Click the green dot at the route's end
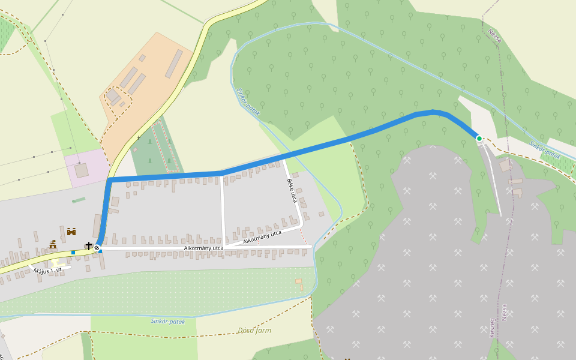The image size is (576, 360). point(479,139)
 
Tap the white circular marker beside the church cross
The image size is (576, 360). point(97,247)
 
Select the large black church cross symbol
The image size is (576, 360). point(89,245)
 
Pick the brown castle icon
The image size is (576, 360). point(71,231)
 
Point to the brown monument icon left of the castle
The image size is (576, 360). point(53,244)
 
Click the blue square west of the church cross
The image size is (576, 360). point(73,252)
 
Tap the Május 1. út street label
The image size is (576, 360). point(48,271)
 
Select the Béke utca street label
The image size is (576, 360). point(292,190)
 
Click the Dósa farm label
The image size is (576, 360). point(254,330)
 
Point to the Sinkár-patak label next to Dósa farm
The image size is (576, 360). point(168,321)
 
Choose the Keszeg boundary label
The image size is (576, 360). point(493,327)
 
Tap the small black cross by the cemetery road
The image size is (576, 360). point(139,138)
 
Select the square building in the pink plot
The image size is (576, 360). point(81,170)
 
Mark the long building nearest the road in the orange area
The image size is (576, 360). point(173,64)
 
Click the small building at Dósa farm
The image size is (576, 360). point(298,281)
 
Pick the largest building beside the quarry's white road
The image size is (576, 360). point(506,165)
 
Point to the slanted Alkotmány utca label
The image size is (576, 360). point(262,237)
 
